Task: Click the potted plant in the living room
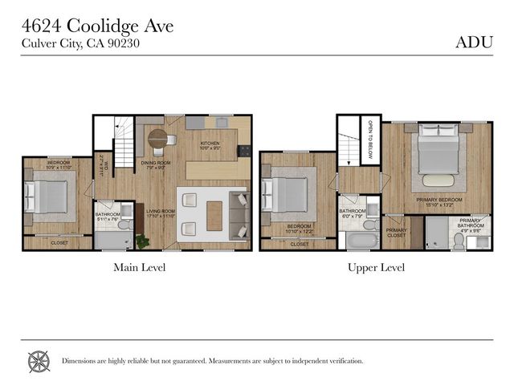pos(143,240)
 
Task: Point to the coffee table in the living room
pos(214,215)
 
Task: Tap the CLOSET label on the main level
pos(59,242)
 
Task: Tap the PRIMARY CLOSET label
pos(397,233)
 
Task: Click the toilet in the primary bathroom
pos(459,241)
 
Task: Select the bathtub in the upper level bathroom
pos(361,240)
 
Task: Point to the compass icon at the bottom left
pos(39,361)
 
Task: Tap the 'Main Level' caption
pos(140,267)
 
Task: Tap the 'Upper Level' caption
pos(376,267)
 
